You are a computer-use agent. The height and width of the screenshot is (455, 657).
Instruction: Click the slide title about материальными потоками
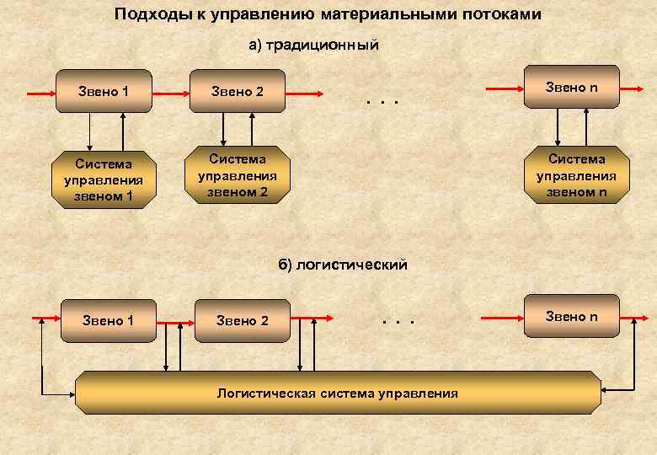tap(328, 14)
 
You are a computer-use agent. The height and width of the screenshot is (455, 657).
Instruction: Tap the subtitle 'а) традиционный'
tap(313, 45)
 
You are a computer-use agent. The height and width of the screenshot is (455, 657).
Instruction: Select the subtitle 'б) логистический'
tap(343, 265)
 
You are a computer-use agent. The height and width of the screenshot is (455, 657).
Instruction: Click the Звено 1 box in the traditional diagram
tap(104, 91)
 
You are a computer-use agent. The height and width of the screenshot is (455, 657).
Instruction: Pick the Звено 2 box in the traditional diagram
tap(238, 91)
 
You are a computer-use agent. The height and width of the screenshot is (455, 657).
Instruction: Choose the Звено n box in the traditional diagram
tap(571, 87)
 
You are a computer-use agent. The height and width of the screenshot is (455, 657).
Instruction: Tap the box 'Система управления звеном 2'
tap(238, 175)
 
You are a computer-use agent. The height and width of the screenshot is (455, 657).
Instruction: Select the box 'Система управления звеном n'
tap(576, 175)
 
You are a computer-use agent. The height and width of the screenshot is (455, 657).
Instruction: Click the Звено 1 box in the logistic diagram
tap(108, 320)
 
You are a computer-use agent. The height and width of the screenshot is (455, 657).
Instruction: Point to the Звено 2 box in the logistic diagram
tap(243, 320)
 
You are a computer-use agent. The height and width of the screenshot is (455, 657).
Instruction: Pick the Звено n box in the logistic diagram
tap(571, 316)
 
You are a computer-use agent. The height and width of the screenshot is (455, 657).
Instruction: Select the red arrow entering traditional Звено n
tap(504, 88)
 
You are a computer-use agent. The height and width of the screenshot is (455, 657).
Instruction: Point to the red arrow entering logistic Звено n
tap(503, 318)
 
